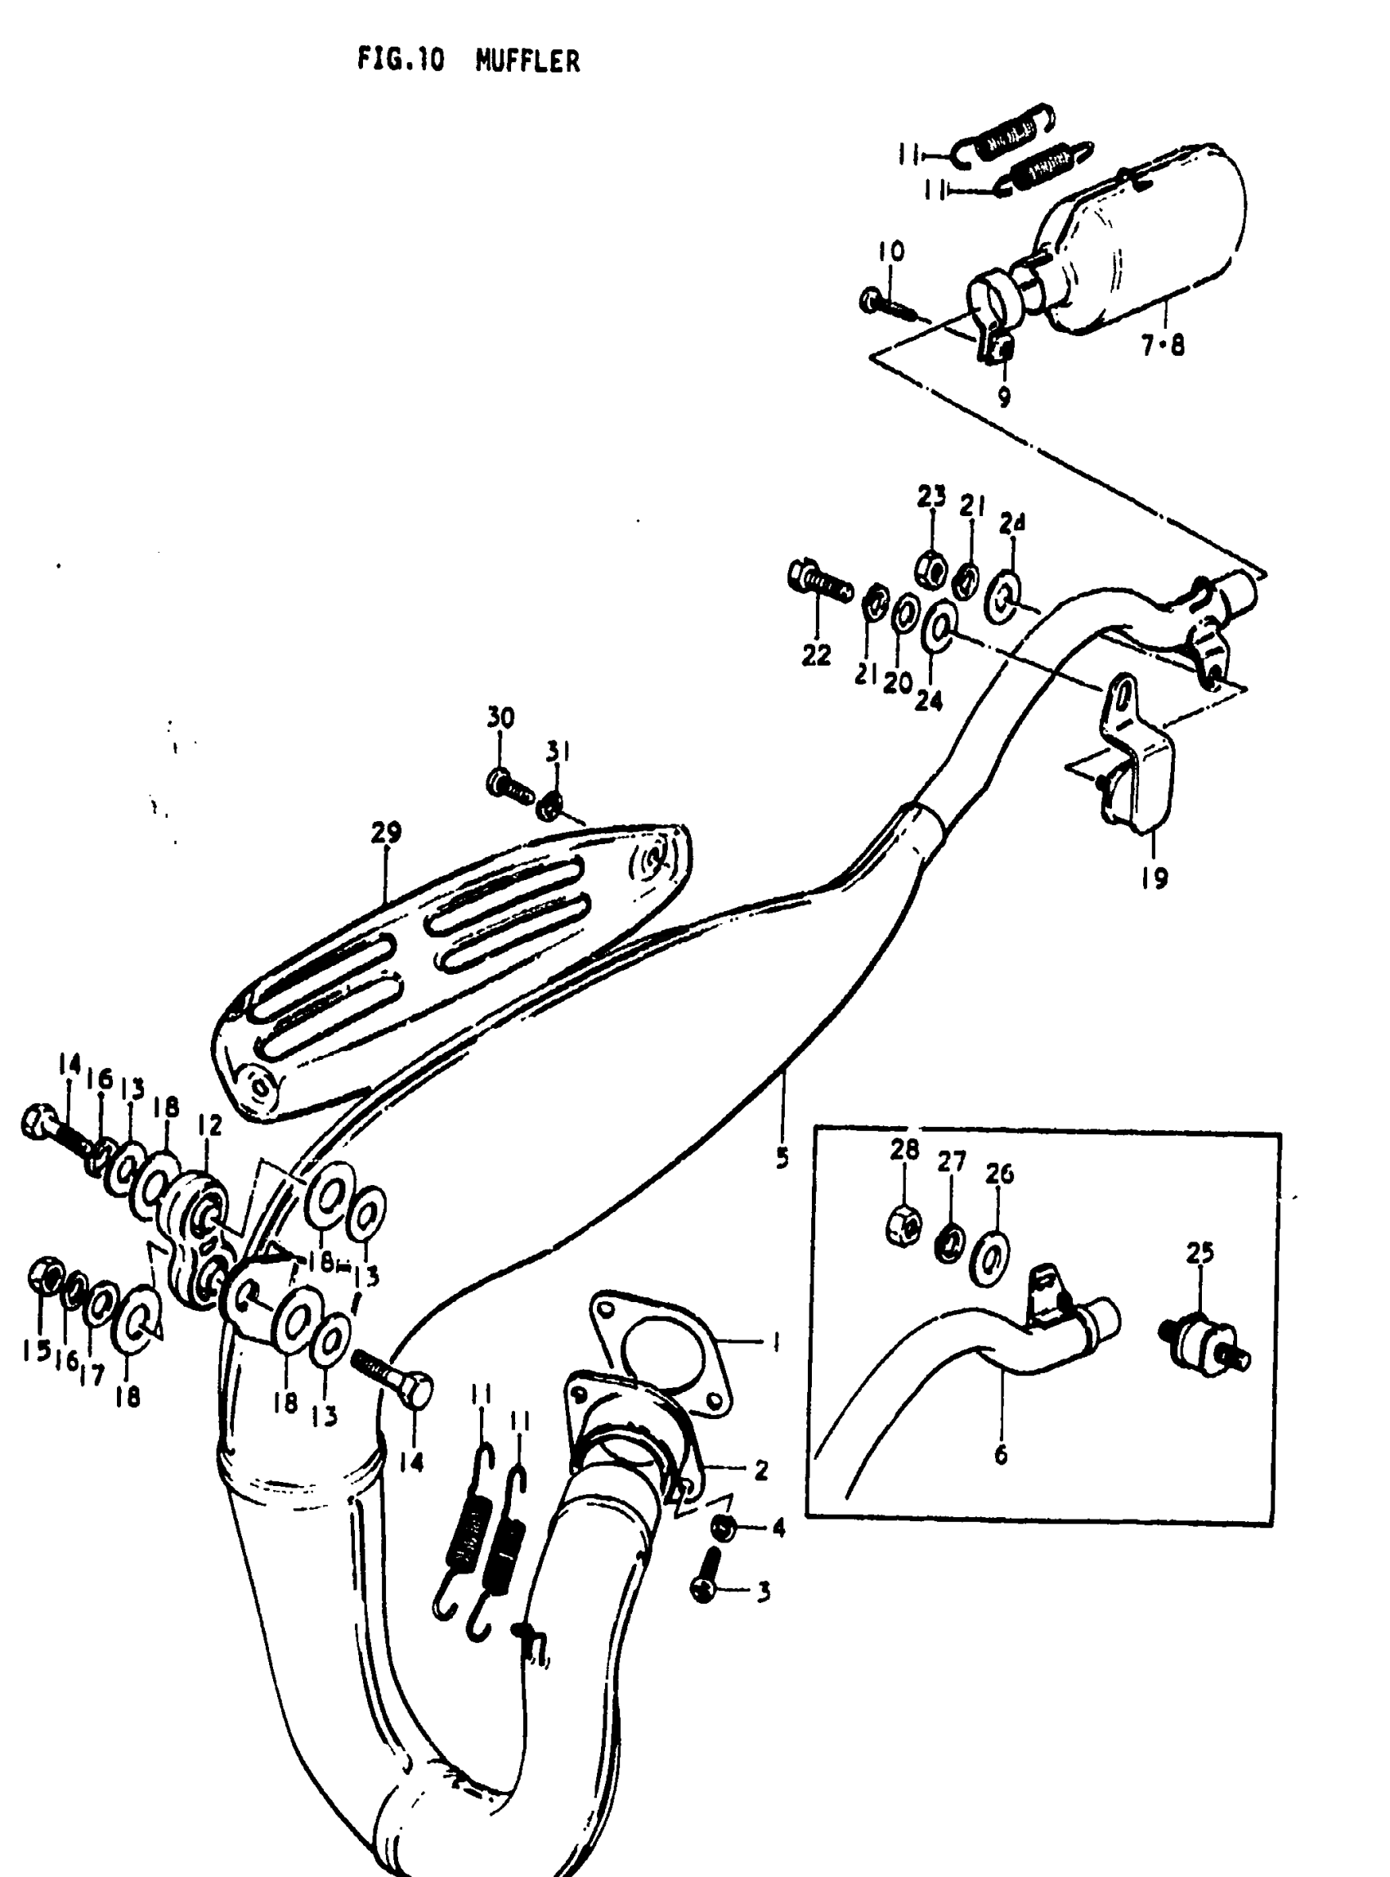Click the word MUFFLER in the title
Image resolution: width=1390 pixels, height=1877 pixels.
[x=527, y=61]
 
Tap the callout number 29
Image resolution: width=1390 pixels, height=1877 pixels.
[x=386, y=833]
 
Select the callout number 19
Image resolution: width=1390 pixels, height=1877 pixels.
[x=1155, y=878]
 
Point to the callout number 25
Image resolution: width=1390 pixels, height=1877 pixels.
[x=1199, y=1253]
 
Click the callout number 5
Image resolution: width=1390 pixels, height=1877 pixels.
[x=782, y=1158]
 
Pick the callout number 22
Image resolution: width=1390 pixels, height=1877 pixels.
[x=816, y=655]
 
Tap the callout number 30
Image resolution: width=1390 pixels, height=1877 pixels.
[x=500, y=718]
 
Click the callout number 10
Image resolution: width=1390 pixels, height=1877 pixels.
[x=891, y=252]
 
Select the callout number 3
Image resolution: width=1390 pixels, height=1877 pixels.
[x=763, y=1592]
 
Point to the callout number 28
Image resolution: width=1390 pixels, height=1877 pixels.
[x=904, y=1150]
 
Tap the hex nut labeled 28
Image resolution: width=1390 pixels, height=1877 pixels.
[x=903, y=1224]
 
